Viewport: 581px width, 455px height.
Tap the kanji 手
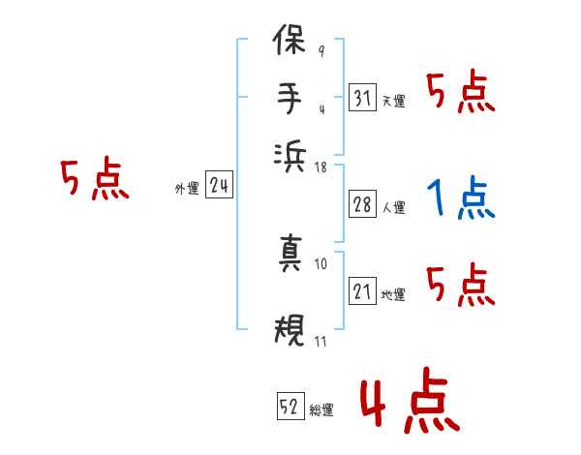(290, 99)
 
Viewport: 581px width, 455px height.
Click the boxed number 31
(362, 99)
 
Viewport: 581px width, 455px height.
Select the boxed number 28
(362, 205)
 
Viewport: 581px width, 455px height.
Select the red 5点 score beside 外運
(94, 181)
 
